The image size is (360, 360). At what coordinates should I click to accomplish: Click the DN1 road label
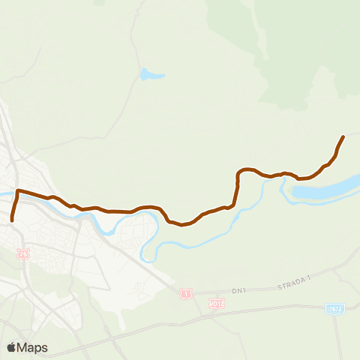[x=239, y=290]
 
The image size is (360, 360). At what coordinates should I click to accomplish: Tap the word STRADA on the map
[x=289, y=286]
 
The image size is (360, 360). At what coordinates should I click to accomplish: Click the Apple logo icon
[x=11, y=347]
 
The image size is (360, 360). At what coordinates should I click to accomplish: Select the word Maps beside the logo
[x=33, y=347]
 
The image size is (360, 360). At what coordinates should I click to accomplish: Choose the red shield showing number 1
[x=184, y=293]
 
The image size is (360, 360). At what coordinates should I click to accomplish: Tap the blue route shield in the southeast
[x=334, y=309]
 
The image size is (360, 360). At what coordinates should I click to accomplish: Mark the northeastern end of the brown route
[x=343, y=136]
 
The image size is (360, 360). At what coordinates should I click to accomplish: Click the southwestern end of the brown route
[x=12, y=220]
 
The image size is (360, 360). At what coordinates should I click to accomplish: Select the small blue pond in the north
[x=148, y=75]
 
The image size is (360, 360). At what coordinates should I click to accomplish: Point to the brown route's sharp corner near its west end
[x=17, y=192]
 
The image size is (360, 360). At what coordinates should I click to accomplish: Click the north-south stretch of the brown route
[x=237, y=189]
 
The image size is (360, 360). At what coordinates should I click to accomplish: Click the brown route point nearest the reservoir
[x=300, y=179]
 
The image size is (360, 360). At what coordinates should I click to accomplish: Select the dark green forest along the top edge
[x=300, y=30]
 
